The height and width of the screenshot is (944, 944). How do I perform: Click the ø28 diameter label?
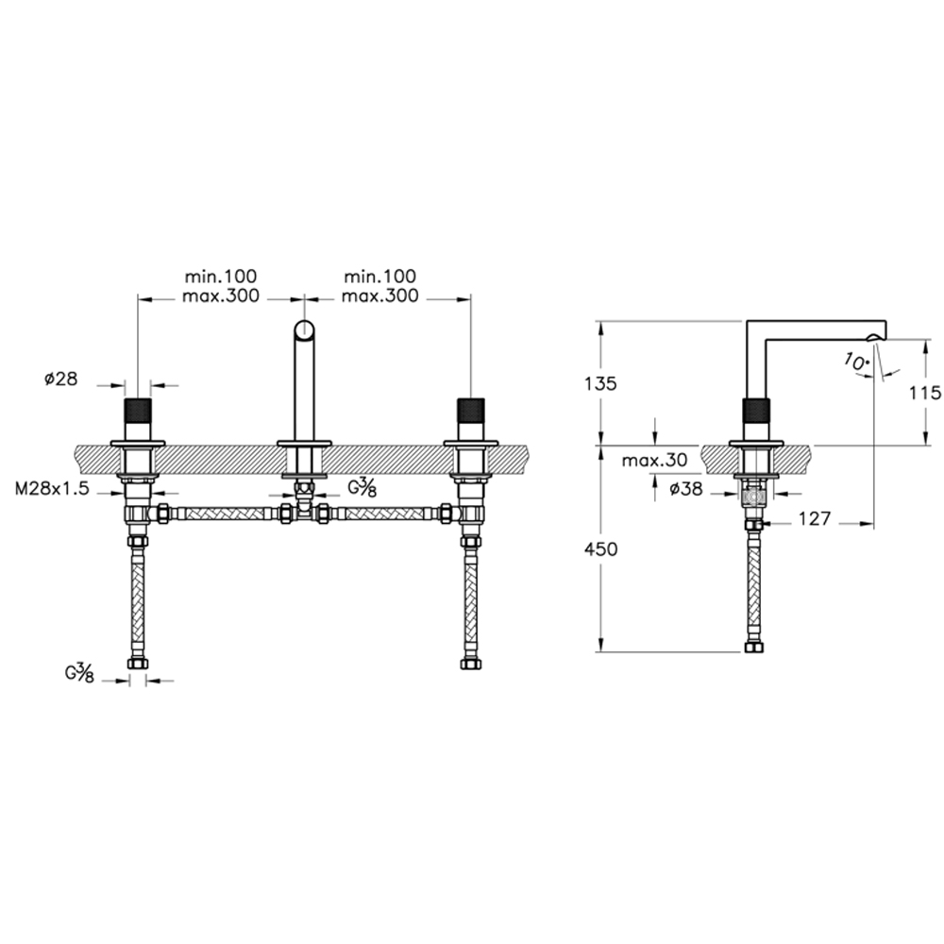pyautogui.click(x=60, y=379)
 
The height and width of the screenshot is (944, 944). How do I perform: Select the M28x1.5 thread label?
pyautogui.click(x=52, y=488)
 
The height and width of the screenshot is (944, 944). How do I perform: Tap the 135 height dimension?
pyautogui.click(x=600, y=383)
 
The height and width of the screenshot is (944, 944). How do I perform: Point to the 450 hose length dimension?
pyautogui.click(x=600, y=549)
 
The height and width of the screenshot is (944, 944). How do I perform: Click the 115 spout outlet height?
pyautogui.click(x=925, y=393)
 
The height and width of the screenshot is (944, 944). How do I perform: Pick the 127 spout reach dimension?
pyautogui.click(x=815, y=518)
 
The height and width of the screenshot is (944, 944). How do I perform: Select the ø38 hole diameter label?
pyautogui.click(x=686, y=489)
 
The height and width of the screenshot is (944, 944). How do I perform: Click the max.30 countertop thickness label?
pyautogui.click(x=654, y=461)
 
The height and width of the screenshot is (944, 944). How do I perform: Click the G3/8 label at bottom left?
pyautogui.click(x=80, y=672)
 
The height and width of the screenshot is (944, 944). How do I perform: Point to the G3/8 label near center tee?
pyautogui.click(x=362, y=488)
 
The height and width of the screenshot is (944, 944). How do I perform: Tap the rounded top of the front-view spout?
pyautogui.click(x=305, y=330)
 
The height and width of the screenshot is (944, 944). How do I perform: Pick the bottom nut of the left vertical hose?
pyautogui.click(x=138, y=664)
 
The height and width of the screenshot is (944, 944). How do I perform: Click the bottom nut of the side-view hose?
pyautogui.click(x=753, y=648)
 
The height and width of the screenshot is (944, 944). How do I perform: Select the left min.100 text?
pyautogui.click(x=220, y=277)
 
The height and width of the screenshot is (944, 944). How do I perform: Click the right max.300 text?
pyautogui.click(x=379, y=296)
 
